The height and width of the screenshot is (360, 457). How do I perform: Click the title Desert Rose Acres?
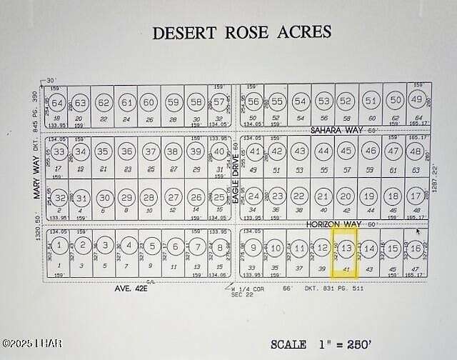242,32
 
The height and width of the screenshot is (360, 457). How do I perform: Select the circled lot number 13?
346,248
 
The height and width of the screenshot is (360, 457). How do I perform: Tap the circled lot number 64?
58,103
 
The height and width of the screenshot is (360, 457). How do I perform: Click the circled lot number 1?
61,245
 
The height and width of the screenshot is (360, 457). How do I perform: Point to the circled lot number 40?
219,151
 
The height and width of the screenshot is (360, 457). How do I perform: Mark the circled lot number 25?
218,196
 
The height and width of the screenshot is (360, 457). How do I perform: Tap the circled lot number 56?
253,101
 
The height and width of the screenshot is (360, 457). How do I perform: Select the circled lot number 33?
59,151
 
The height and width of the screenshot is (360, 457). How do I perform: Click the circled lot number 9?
252,248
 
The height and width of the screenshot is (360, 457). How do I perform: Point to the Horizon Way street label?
331,224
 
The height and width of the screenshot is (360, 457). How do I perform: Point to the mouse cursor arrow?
418,231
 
